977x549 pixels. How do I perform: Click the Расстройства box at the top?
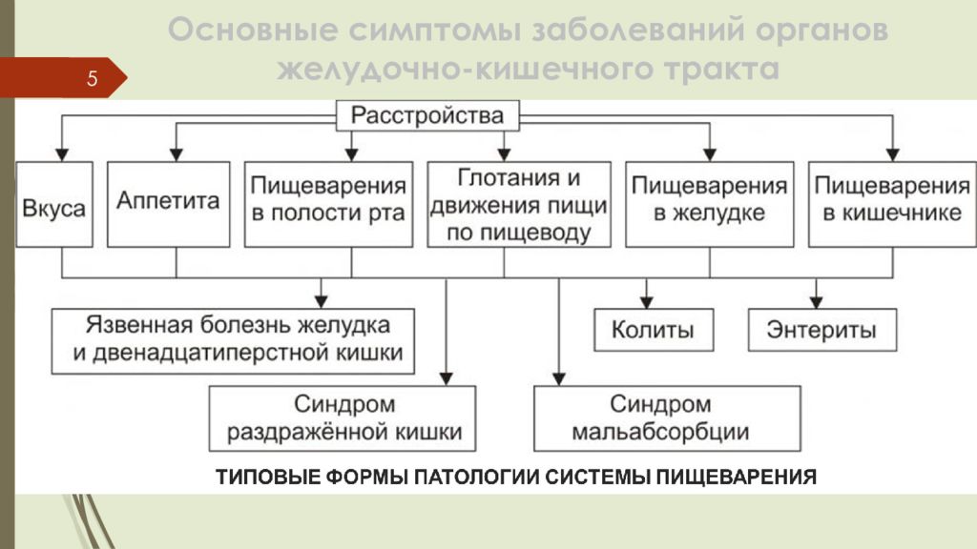(x=427, y=115)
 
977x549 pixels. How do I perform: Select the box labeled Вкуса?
(x=54, y=205)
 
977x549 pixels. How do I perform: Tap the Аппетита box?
(x=168, y=205)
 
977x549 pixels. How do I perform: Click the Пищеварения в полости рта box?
(x=328, y=205)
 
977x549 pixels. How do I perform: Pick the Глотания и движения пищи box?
(x=519, y=205)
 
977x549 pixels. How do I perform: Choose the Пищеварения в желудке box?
(x=710, y=205)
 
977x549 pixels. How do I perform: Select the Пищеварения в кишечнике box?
(x=892, y=205)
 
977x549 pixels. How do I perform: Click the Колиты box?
(x=654, y=330)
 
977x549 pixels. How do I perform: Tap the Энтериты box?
(x=822, y=330)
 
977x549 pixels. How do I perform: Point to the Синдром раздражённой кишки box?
(x=343, y=418)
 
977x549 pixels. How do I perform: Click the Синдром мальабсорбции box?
(x=667, y=418)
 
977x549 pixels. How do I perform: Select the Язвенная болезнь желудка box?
(x=233, y=341)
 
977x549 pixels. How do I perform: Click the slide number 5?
(x=93, y=78)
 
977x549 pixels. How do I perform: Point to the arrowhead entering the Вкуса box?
(x=62, y=154)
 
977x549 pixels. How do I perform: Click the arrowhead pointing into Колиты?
(x=647, y=302)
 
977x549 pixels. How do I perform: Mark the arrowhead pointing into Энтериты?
(x=817, y=302)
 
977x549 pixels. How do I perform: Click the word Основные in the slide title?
(x=253, y=30)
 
